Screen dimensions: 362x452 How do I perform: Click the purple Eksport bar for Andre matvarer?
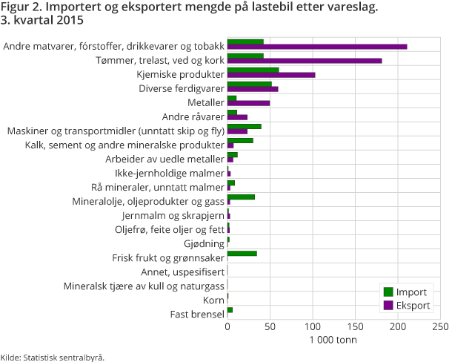click(x=317, y=47)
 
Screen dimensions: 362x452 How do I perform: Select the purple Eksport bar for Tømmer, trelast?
click(x=305, y=61)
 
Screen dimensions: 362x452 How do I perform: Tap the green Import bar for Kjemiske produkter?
click(x=253, y=70)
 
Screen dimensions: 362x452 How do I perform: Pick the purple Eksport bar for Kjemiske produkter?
click(x=271, y=75)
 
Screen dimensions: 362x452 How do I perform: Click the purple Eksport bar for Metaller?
click(x=248, y=103)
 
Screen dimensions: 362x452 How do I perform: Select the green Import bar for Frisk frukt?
click(x=242, y=253)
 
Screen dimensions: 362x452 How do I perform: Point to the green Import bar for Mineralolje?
click(x=241, y=197)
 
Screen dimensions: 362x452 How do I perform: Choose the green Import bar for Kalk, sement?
click(x=240, y=140)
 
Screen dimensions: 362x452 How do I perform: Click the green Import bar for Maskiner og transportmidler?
click(x=244, y=126)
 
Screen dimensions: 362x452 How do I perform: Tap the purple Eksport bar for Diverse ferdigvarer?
click(x=253, y=89)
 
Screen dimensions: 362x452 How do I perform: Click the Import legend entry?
click(x=405, y=291)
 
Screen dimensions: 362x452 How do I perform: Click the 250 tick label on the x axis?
click(x=440, y=326)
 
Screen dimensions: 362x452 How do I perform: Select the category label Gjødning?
click(x=203, y=243)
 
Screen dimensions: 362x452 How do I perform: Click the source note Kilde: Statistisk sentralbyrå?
click(x=52, y=357)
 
